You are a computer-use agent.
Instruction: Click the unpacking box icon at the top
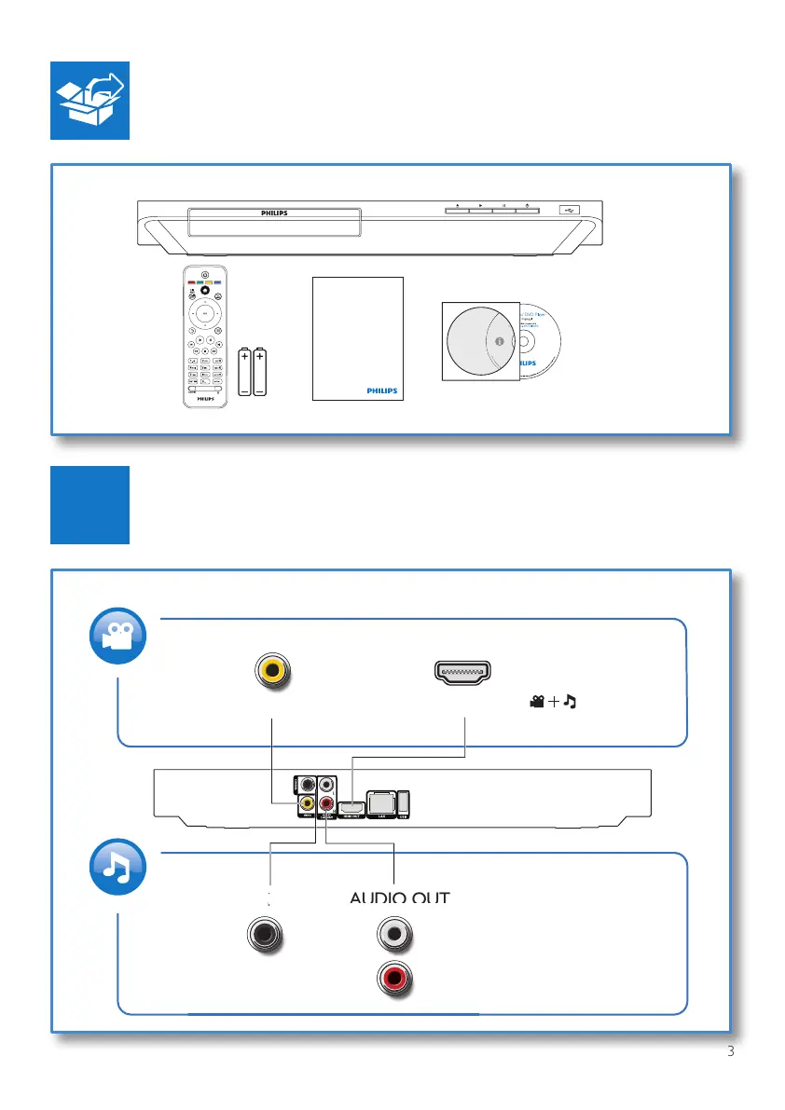(90, 102)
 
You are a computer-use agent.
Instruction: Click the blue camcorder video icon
(117, 636)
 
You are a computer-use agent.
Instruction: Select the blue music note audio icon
(117, 867)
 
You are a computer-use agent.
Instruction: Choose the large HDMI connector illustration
(465, 672)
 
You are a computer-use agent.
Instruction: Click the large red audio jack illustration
(395, 978)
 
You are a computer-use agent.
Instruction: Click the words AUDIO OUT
(399, 898)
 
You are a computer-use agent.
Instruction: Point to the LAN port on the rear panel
(379, 801)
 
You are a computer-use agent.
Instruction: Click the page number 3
(730, 1052)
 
